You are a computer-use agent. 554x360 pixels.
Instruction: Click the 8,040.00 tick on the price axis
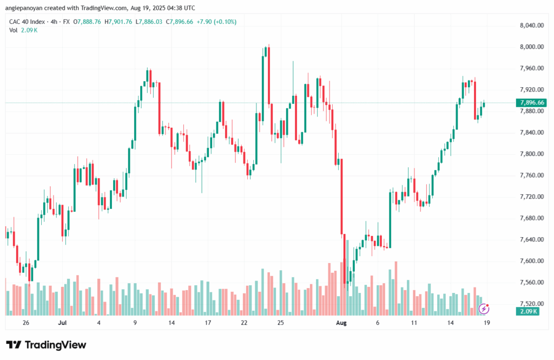[531, 25]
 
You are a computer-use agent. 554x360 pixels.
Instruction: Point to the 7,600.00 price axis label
[531, 261]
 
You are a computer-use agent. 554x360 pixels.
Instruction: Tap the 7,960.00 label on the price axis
[531, 68]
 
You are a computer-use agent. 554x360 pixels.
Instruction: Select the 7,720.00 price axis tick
[531, 197]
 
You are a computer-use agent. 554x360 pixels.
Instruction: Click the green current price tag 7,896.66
[531, 103]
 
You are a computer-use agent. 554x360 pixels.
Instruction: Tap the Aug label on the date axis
[341, 323]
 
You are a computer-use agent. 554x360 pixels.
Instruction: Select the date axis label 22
[244, 323]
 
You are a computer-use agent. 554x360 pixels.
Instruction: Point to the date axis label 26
[25, 323]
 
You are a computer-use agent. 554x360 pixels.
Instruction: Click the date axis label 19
[486, 323]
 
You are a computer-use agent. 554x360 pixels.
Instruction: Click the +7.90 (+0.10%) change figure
[214, 22]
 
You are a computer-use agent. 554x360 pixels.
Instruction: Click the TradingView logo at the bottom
[46, 345]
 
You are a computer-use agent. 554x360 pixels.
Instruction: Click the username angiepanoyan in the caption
[24, 8]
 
